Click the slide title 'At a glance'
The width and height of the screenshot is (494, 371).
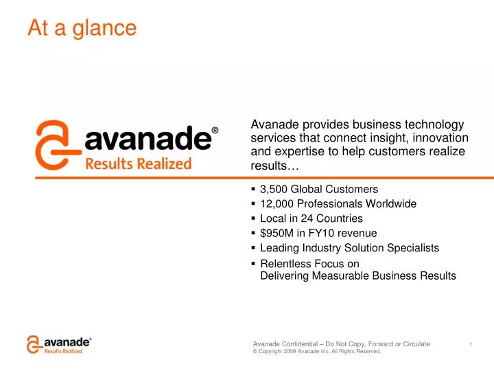tap(82, 28)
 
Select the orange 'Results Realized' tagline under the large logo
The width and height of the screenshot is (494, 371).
tap(138, 164)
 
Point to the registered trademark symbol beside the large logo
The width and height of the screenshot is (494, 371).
tap(215, 130)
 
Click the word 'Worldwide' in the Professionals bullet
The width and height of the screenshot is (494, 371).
tap(391, 204)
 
